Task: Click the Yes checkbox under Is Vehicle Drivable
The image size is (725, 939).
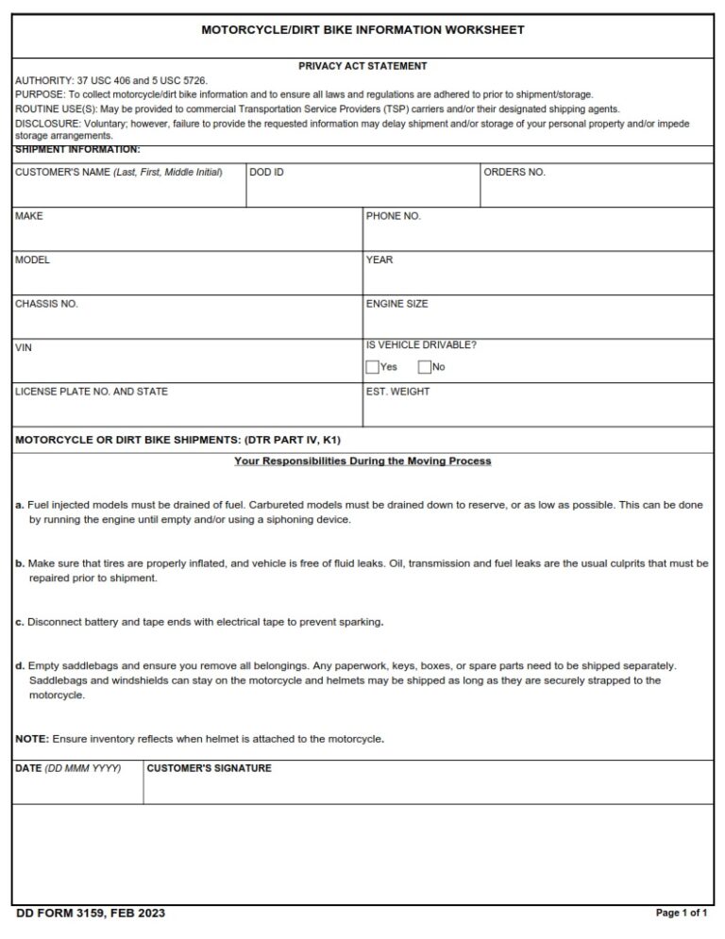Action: click(x=372, y=367)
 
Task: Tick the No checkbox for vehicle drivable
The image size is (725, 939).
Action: click(x=424, y=367)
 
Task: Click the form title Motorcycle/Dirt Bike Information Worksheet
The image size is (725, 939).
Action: click(x=362, y=30)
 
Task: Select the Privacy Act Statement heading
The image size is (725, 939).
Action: click(x=362, y=66)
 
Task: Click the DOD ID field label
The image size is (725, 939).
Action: click(x=266, y=173)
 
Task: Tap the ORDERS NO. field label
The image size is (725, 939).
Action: click(x=514, y=173)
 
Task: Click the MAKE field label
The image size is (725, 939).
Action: click(x=28, y=216)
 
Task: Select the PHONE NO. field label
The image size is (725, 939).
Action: click(x=393, y=216)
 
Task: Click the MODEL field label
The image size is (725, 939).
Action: click(x=32, y=260)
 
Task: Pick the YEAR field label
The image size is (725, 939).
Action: click(x=379, y=260)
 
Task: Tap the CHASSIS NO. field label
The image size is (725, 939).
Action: click(x=46, y=304)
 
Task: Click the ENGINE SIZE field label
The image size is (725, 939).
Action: click(x=396, y=304)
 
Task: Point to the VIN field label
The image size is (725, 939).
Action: click(x=23, y=347)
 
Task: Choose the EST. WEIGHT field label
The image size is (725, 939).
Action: click(x=397, y=391)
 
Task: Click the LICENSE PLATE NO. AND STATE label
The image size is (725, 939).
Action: click(x=92, y=391)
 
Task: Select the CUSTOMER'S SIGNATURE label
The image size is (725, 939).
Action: click(x=209, y=768)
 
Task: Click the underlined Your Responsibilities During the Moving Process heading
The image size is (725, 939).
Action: click(x=362, y=461)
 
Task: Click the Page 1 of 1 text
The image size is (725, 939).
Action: click(x=681, y=914)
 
